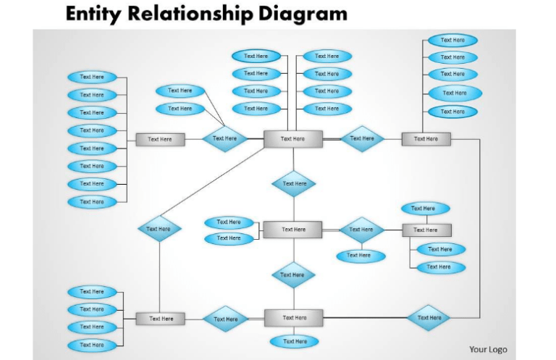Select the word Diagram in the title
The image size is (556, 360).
[x=308, y=14]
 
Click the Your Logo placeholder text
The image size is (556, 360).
[x=488, y=350]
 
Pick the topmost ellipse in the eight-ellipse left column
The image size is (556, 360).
[x=92, y=77]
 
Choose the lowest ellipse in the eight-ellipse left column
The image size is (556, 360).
[x=92, y=202]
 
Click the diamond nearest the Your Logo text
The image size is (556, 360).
[x=429, y=318]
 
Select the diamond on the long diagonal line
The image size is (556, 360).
[x=159, y=230]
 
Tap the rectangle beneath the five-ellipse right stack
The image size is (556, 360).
[x=426, y=139]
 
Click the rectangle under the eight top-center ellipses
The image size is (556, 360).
[x=292, y=139]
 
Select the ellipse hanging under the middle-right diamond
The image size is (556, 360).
[x=358, y=256]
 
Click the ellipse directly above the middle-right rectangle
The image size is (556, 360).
[x=425, y=209]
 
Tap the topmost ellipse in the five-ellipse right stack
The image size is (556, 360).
[x=452, y=41]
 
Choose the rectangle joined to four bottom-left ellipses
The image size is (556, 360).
[x=161, y=319]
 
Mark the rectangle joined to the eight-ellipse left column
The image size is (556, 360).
[x=160, y=140]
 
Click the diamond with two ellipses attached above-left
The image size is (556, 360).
[x=224, y=138]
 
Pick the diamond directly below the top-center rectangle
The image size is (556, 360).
[x=294, y=184]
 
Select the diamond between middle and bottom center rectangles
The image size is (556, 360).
[x=293, y=275]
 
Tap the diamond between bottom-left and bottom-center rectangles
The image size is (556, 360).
[x=225, y=319]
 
